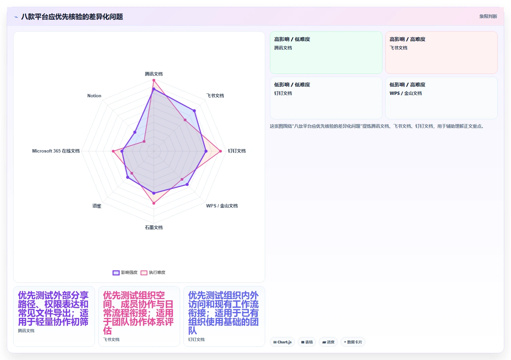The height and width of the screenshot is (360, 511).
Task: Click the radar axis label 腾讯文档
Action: pyautogui.click(x=154, y=74)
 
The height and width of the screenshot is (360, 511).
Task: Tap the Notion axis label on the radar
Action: pyautogui.click(x=94, y=96)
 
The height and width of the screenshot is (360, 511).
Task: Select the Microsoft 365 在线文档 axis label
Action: pyautogui.click(x=56, y=151)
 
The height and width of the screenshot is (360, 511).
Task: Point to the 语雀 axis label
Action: pyautogui.click(x=97, y=206)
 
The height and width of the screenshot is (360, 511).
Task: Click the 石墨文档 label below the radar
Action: pyautogui.click(x=154, y=227)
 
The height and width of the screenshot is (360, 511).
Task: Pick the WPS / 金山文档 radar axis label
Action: pyautogui.click(x=222, y=206)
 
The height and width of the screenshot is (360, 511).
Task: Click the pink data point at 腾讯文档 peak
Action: pyautogui.click(x=154, y=80)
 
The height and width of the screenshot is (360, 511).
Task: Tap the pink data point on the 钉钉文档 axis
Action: pyautogui.click(x=220, y=151)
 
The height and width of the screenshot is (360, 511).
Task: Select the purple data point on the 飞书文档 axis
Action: pyautogui.click(x=194, y=111)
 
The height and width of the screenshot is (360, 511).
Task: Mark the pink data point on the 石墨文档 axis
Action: pyautogui.click(x=154, y=203)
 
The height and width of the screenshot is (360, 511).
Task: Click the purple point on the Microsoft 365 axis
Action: pyautogui.click(x=122, y=151)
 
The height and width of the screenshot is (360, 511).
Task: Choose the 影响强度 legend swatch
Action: pyautogui.click(x=116, y=273)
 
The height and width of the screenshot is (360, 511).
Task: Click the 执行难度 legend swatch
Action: pyautogui.click(x=144, y=273)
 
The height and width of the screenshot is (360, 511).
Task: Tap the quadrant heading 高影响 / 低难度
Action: pyautogui.click(x=292, y=39)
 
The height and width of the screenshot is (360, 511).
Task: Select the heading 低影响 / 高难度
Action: pyautogui.click(x=407, y=85)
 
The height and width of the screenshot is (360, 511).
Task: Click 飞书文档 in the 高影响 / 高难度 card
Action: pyautogui.click(x=398, y=48)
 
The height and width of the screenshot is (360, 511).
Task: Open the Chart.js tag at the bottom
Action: pyautogui.click(x=282, y=342)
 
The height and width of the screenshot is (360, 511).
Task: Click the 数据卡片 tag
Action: pyautogui.click(x=353, y=342)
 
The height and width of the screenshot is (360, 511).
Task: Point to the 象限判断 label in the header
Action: pyautogui.click(x=488, y=16)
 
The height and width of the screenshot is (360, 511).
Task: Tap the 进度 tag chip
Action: pyautogui.click(x=328, y=342)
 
